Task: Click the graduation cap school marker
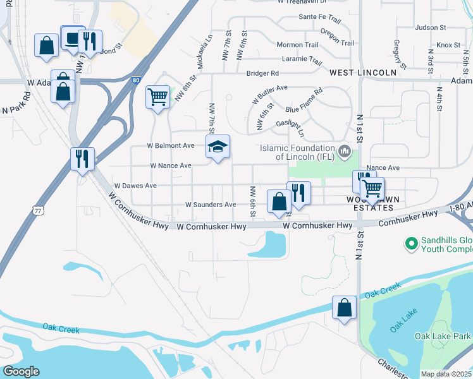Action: (x=218, y=147)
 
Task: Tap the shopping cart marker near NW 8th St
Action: (x=157, y=97)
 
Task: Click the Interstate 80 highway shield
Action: (x=136, y=80)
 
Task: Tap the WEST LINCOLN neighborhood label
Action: (x=363, y=73)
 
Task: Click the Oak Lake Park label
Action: (x=442, y=336)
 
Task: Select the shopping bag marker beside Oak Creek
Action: (x=344, y=308)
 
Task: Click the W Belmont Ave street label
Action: (x=171, y=145)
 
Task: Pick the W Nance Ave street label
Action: (x=171, y=165)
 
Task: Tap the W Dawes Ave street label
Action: (x=135, y=186)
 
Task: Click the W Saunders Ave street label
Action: (x=211, y=205)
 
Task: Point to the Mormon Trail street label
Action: (x=297, y=45)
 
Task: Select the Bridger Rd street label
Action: (x=262, y=73)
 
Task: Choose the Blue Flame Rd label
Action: (x=304, y=100)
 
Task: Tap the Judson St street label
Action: (x=431, y=28)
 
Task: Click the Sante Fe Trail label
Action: (x=320, y=18)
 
